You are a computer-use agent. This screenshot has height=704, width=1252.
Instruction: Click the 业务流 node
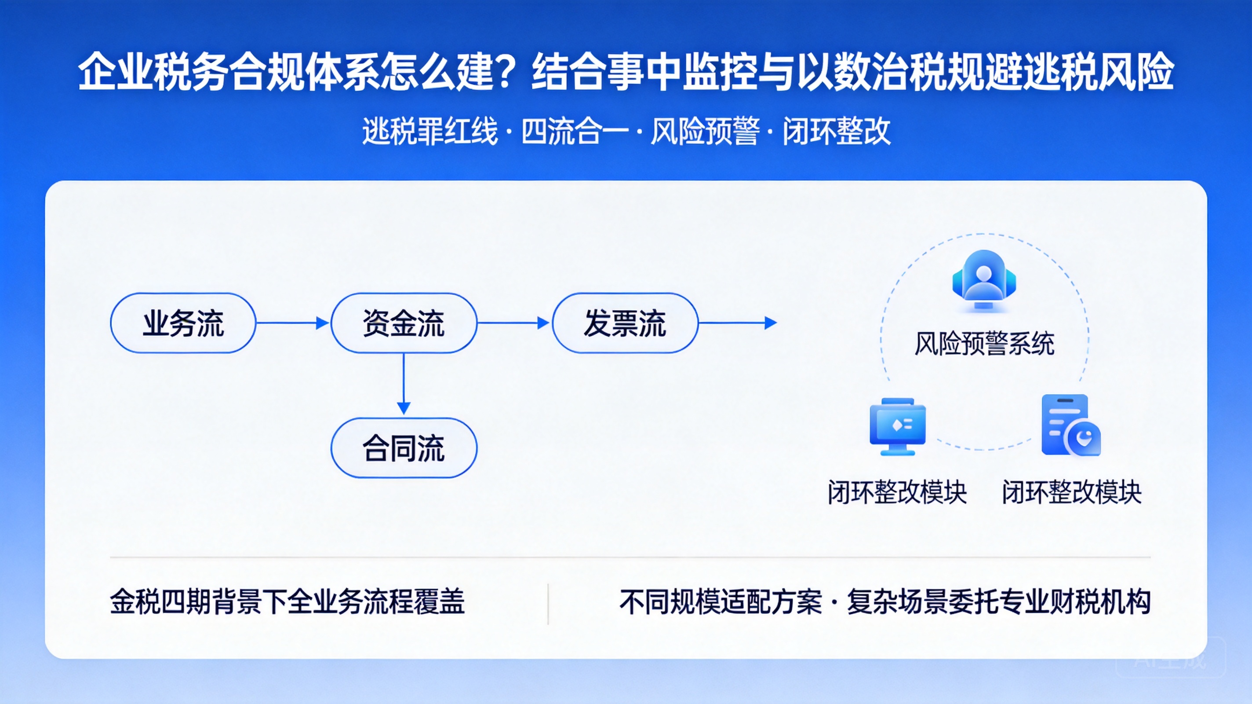183,323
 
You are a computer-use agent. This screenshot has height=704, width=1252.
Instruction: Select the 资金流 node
404,323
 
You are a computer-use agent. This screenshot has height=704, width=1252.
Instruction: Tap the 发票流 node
625,323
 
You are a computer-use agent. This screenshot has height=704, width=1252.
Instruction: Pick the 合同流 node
404,448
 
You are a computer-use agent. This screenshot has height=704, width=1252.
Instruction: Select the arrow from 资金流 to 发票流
513,323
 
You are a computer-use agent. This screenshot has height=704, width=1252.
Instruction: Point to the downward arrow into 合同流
404,385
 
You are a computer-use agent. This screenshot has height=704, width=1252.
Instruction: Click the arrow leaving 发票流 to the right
738,323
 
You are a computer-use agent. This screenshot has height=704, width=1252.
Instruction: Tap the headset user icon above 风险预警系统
984,279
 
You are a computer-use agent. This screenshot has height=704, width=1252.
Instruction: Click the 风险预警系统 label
985,344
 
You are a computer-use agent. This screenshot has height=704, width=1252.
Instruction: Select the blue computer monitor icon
898,427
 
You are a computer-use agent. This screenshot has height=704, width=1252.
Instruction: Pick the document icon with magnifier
1071,425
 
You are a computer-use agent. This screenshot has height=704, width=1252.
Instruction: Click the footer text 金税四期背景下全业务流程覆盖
287,602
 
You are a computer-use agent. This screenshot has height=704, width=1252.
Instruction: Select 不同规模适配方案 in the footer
721,602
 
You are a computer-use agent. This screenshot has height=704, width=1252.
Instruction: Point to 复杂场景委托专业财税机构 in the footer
999,602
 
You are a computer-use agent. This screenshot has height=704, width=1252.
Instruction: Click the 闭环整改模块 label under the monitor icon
897,492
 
